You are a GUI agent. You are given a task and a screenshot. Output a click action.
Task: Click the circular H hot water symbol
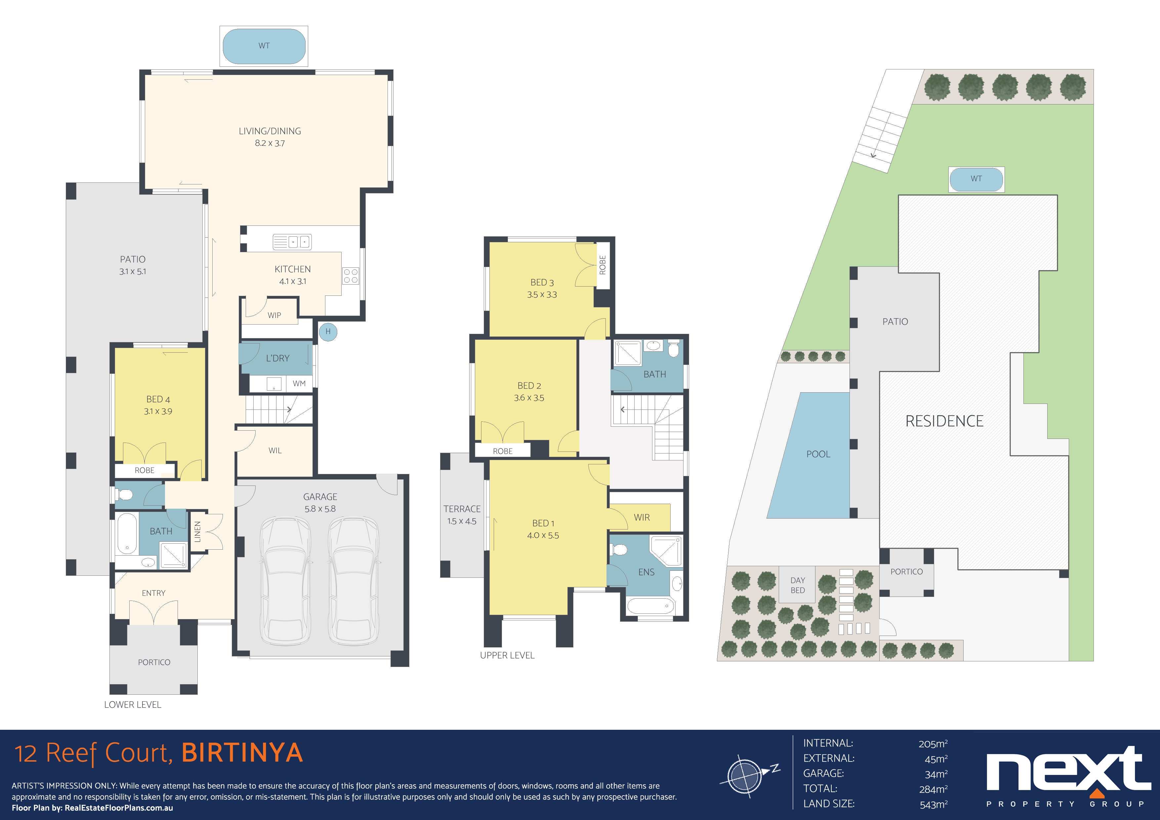point(328,332)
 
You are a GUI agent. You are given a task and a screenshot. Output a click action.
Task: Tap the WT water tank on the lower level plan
point(264,46)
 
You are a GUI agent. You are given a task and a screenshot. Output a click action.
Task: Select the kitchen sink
point(292,242)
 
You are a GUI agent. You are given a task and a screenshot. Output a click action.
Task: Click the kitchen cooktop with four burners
point(351,276)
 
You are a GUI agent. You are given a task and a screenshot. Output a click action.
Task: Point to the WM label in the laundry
point(299,384)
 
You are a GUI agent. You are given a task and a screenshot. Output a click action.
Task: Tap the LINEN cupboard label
point(197,532)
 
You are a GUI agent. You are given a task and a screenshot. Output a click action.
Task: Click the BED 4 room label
point(158,399)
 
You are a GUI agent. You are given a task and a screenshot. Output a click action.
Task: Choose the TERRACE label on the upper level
point(462,509)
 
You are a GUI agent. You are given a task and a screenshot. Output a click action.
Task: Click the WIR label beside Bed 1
point(642,518)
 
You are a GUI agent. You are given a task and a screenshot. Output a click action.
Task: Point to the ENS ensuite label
point(646,572)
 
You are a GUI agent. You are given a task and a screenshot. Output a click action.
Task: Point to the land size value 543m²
point(933,805)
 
